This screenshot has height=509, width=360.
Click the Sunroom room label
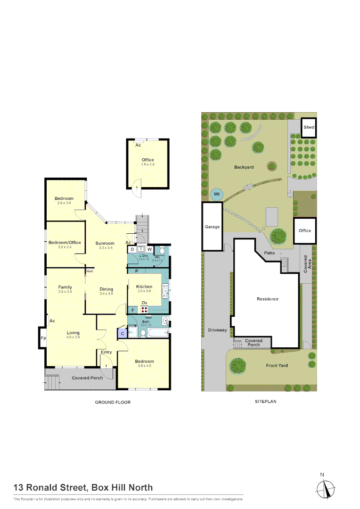(105, 243)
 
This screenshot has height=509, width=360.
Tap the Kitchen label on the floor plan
(144, 287)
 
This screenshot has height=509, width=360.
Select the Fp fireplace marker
(43, 338)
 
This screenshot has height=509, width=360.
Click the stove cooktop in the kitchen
(145, 310)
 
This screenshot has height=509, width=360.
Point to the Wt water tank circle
(216, 194)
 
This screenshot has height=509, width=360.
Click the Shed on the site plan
(309, 127)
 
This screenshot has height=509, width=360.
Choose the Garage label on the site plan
(212, 227)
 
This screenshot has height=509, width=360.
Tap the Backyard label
(244, 167)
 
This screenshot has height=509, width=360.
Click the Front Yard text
(277, 365)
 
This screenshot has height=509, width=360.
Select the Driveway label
(218, 330)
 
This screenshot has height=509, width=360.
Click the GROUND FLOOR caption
(113, 402)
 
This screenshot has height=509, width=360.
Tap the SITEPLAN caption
(265, 402)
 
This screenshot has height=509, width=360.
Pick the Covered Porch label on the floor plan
(87, 378)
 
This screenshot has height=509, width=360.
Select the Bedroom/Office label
(65, 242)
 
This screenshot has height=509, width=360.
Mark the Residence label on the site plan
(267, 299)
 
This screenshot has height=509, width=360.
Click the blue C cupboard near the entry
(122, 333)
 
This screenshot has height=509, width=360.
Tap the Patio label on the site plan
(270, 253)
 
